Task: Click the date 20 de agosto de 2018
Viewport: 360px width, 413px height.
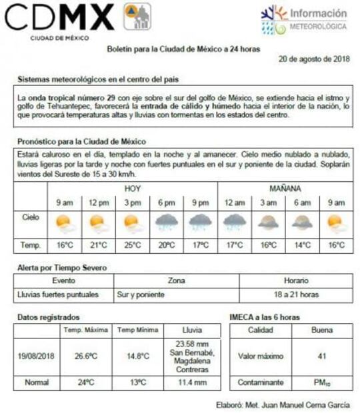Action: [x=315, y=59]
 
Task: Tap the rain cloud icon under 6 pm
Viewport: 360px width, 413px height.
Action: [x=166, y=222]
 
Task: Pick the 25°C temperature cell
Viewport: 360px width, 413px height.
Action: [x=132, y=246]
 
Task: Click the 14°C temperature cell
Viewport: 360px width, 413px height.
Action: [x=303, y=246]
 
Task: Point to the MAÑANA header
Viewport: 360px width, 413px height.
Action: [x=285, y=189]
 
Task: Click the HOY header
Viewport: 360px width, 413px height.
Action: [x=133, y=189]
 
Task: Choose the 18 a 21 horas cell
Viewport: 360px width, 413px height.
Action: [x=295, y=294]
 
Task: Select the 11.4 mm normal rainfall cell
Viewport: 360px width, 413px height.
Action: [x=190, y=383]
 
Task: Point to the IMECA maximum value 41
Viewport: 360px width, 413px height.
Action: [x=322, y=356]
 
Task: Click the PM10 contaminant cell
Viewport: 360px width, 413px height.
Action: [x=322, y=383]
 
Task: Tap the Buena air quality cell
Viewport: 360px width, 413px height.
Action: [x=322, y=330]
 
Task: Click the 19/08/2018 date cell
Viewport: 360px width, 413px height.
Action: [x=36, y=356]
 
